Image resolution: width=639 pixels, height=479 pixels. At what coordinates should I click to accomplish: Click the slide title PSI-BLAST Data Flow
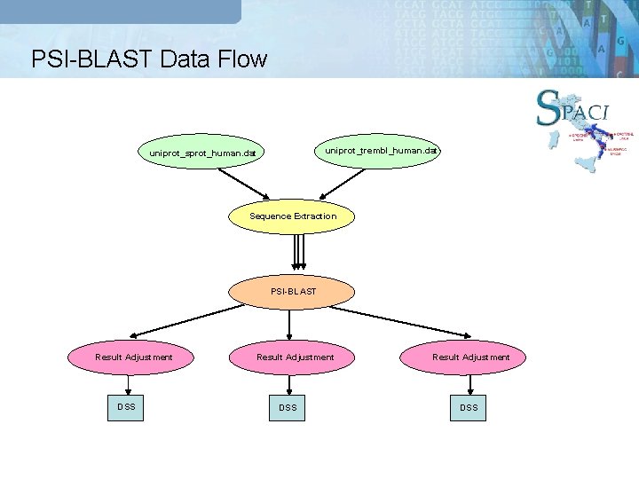point(148,59)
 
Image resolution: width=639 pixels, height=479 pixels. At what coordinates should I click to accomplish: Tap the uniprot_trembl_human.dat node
point(381,150)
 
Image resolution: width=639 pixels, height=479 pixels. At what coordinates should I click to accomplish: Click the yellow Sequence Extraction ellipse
point(292,216)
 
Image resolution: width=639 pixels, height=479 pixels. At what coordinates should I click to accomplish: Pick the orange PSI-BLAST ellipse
point(292,291)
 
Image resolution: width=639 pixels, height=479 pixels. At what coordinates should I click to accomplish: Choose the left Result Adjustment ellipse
point(133,357)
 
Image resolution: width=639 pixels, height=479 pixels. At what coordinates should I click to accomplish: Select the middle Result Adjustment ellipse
point(295,357)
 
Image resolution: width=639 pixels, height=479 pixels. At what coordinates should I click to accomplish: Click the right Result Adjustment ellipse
point(470,357)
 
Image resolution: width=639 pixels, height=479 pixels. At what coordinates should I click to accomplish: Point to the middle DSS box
point(288,407)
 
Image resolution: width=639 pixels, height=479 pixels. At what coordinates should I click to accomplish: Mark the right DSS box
point(469,407)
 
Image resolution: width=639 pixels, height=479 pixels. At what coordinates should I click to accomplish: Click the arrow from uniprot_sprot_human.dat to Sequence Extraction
point(243,183)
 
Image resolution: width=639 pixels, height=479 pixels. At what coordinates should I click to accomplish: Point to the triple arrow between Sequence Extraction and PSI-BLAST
point(299,255)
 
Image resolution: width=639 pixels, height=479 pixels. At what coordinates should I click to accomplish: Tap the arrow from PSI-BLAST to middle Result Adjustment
point(289,323)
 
